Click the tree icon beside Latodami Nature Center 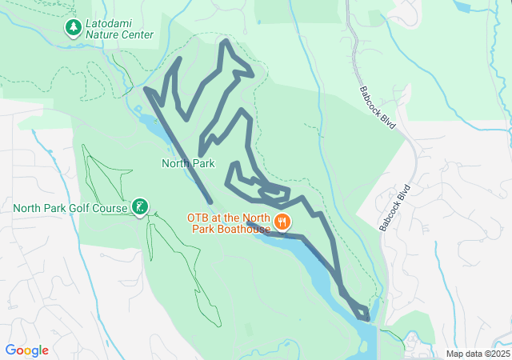tap(74, 28)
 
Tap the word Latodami tap(109, 23)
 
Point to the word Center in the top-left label tap(136, 35)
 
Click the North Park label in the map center tap(188, 163)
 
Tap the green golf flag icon tap(141, 208)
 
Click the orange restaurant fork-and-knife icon tap(282, 222)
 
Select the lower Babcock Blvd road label tap(395, 209)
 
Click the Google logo tap(27, 350)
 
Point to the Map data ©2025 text tap(478, 354)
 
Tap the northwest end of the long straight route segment tap(146, 89)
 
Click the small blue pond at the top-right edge tap(463, 6)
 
